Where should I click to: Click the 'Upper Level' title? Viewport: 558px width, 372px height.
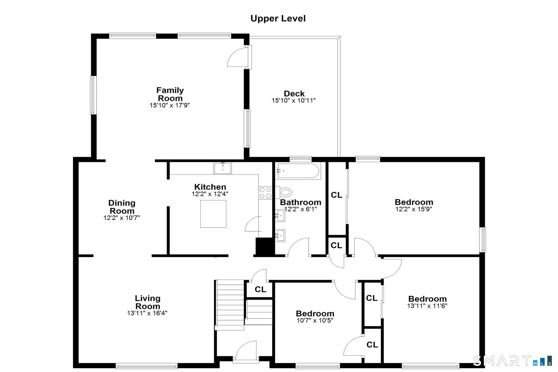coord(278,19)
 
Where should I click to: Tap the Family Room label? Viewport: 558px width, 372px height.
coord(170,94)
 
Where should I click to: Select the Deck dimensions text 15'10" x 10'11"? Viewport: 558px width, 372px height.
coord(293,101)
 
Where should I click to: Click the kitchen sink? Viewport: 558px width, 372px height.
coord(223,168)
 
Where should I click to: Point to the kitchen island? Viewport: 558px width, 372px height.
coord(213,214)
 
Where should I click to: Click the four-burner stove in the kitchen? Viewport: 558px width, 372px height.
coord(265,193)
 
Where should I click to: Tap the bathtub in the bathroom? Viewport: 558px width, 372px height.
coord(298,171)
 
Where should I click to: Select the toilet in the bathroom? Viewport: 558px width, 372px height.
coord(285,192)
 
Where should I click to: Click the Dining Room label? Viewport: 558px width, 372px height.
coord(122,207)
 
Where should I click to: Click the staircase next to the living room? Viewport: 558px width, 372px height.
coord(230,304)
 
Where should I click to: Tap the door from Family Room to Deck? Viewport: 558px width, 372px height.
coord(239,57)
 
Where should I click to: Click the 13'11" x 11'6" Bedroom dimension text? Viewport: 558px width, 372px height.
coord(427,306)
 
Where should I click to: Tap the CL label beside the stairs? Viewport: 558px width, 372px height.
coord(260,289)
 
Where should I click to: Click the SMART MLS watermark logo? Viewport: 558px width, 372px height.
coord(512,361)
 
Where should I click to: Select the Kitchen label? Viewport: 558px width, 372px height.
coord(210,187)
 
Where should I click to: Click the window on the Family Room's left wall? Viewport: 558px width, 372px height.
coord(93,95)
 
